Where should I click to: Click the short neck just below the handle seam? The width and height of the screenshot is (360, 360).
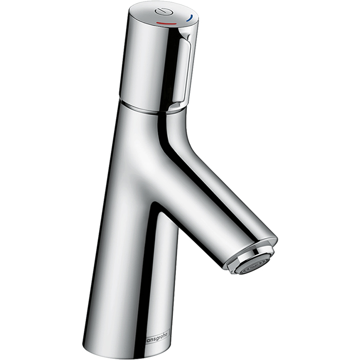[x=149, y=116]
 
